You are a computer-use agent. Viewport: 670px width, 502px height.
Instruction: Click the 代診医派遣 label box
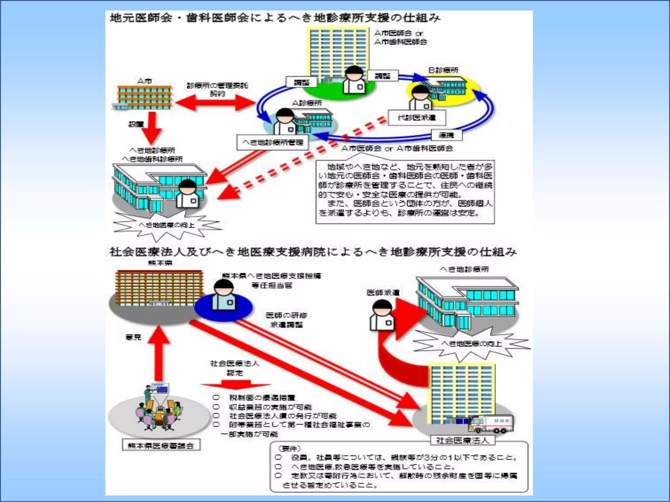tap(417, 118)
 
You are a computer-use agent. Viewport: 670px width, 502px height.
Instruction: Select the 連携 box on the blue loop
tap(446, 135)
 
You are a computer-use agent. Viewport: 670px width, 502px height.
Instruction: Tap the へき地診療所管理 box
tap(273, 142)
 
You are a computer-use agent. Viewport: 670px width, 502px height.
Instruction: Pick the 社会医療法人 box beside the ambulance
tap(462, 440)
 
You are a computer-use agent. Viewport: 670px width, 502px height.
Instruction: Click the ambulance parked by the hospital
tap(491, 424)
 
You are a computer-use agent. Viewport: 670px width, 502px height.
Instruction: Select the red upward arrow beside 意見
tap(159, 353)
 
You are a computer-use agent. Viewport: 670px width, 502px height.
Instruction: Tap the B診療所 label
tap(443, 70)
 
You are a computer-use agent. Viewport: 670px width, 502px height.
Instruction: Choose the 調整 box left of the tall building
tap(301, 82)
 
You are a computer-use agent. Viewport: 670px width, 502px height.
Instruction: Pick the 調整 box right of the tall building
tap(382, 76)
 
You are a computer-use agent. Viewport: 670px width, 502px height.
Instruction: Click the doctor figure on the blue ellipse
tap(223, 296)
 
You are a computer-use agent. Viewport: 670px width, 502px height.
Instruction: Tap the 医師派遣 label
tap(383, 293)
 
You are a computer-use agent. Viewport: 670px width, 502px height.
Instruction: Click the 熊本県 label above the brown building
tap(160, 263)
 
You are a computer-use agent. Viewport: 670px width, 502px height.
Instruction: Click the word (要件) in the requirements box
tap(289, 448)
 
